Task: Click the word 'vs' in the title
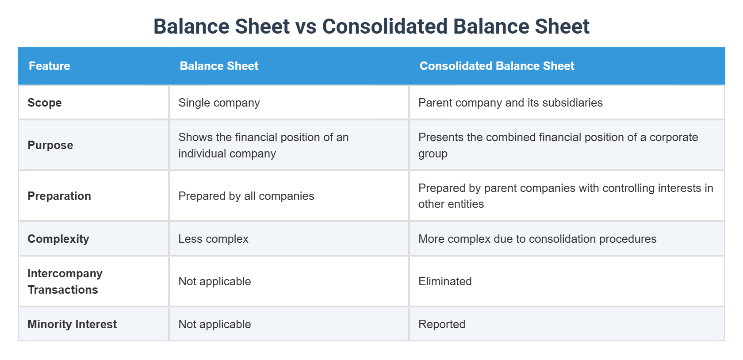point(306,27)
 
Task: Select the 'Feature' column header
point(50,66)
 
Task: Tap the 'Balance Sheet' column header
point(219,66)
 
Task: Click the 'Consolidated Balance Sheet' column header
point(497,66)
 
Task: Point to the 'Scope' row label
point(45,103)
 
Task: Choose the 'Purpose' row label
point(50,145)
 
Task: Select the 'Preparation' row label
point(59,196)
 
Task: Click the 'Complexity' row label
point(58,239)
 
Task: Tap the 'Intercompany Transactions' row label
point(65,281)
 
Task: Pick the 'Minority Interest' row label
point(72,324)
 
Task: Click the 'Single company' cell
point(219,103)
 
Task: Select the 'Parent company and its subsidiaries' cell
point(510,103)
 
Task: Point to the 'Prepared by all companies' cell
point(246,196)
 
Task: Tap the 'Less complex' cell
point(213,239)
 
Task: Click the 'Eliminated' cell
point(445,281)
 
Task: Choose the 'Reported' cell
point(442,324)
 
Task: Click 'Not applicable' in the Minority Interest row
point(214,324)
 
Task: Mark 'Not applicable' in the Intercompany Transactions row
point(214,281)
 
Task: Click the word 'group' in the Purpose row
point(433,154)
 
